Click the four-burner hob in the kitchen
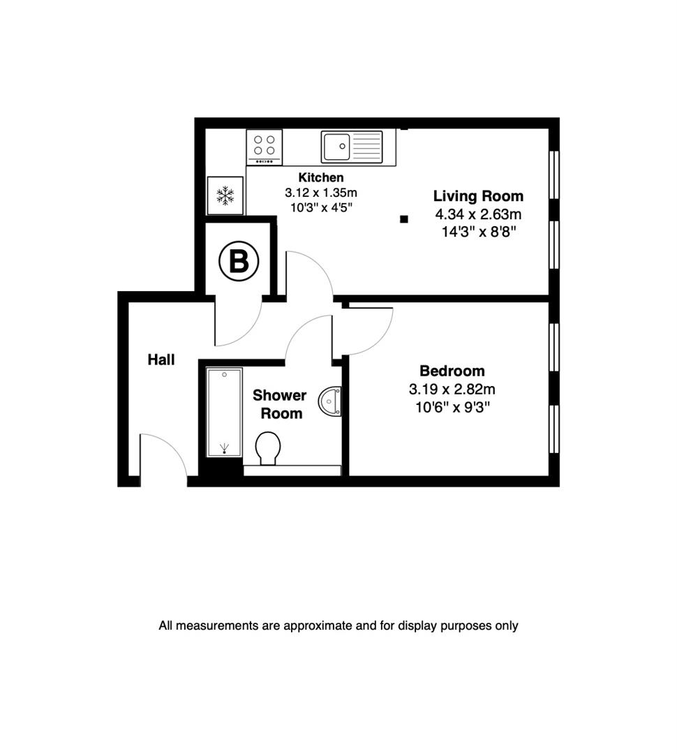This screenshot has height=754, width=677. point(264,147)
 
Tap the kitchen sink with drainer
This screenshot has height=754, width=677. point(352,147)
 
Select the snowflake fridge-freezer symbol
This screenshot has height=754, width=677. point(225,195)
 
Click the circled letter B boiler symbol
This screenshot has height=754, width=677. point(239,262)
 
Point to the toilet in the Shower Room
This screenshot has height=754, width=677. point(267,448)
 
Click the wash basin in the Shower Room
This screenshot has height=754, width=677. point(330,401)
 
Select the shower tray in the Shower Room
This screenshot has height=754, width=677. point(224,411)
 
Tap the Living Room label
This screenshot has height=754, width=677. point(478,195)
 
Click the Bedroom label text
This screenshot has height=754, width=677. point(452,371)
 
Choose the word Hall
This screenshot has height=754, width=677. point(161,360)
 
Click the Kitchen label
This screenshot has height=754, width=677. point(320,177)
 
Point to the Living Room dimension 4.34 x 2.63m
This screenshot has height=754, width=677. point(478,214)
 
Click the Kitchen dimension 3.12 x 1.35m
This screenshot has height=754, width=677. point(320,192)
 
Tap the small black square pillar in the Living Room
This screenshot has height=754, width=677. point(403,219)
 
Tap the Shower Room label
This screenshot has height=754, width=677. point(279,404)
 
